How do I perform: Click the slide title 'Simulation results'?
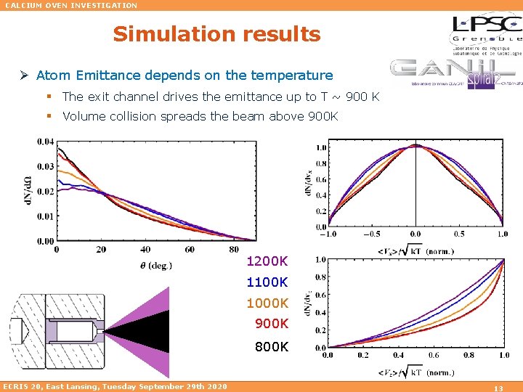216,34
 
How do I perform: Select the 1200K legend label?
267,261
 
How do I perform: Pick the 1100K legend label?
267,282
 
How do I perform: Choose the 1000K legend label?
267,303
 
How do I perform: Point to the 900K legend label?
271,324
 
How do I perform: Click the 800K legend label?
271,347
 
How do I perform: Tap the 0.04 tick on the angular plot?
46,142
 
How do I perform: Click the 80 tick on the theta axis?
233,250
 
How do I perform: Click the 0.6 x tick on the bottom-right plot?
433,356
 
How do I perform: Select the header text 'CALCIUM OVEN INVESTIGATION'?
71,5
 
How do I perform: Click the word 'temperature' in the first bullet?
293,75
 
